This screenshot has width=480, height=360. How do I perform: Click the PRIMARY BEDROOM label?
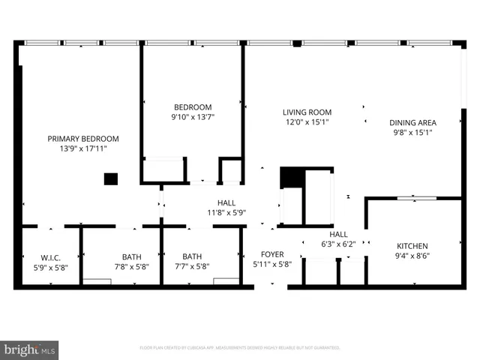click(x=82, y=139)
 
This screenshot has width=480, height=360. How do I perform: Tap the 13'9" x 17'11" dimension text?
click(x=82, y=148)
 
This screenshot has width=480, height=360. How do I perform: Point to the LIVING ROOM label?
click(x=307, y=112)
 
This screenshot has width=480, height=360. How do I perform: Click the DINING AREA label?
click(x=412, y=122)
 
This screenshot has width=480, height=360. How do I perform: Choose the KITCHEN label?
click(x=412, y=246)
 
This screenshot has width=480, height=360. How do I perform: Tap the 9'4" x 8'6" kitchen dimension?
click(x=412, y=256)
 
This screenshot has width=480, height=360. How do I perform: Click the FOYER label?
click(x=271, y=254)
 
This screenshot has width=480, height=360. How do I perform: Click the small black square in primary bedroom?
click(x=111, y=179)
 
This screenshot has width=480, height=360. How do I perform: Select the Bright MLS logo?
click(x=30, y=349)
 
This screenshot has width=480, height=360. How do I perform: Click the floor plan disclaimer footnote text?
click(x=240, y=348)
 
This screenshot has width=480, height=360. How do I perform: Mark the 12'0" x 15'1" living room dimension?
click(x=307, y=121)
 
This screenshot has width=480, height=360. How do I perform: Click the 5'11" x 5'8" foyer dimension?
click(x=271, y=264)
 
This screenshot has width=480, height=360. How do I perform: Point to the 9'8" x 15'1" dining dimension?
click(x=412, y=132)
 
